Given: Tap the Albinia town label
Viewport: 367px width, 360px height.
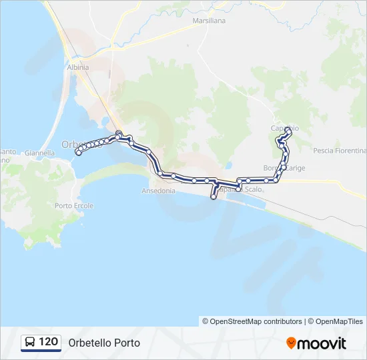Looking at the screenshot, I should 78,67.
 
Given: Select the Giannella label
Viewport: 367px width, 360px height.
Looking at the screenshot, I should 40,153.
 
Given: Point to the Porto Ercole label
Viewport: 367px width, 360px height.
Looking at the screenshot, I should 74,205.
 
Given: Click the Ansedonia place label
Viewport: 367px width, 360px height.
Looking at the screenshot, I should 158,191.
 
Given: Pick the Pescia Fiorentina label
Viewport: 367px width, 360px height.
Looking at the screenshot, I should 337,150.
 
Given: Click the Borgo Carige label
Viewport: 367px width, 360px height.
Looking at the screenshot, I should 284,168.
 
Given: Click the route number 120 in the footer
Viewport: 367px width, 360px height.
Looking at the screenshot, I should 48,342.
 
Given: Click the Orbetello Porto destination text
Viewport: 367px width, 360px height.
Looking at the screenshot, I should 104,343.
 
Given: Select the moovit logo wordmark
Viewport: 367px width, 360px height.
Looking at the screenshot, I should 322,343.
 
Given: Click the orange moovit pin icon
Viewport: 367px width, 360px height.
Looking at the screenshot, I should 291,343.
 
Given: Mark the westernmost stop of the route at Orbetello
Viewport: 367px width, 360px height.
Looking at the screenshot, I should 79,153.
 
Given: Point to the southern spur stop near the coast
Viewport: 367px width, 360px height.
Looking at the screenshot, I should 214,197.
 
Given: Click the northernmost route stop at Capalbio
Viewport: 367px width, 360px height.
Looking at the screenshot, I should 288,131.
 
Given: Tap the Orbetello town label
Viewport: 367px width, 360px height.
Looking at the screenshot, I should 73,144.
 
